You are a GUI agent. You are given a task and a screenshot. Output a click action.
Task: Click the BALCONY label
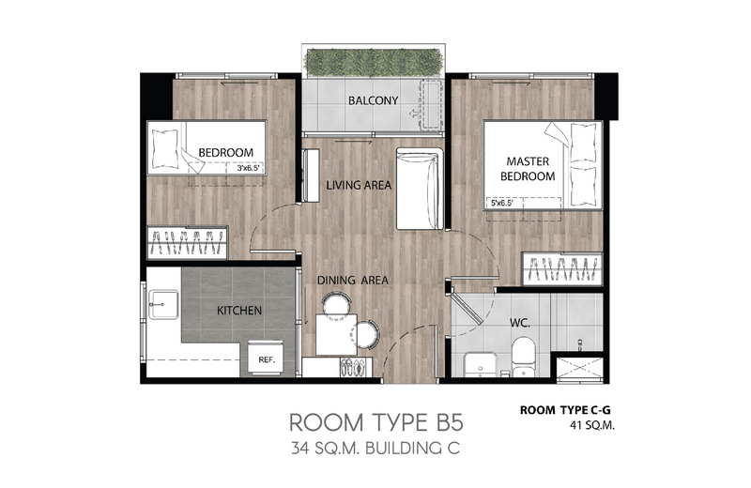[373, 100]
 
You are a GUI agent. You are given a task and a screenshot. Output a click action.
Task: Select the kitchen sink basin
[163, 304]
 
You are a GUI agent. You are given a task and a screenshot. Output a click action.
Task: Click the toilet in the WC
[523, 356]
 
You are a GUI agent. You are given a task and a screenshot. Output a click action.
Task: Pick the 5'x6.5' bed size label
[502, 203]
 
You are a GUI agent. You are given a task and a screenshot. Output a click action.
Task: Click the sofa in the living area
[420, 189]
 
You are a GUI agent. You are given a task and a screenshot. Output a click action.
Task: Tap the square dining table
[336, 334]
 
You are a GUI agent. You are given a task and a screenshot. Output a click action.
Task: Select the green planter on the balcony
[373, 62]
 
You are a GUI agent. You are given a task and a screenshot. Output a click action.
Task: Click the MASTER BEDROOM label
[528, 169]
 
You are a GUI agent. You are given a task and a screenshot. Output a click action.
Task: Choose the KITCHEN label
[239, 311]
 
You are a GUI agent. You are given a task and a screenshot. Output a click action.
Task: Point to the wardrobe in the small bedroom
[187, 243]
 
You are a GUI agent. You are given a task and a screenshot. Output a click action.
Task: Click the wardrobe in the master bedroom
[561, 268]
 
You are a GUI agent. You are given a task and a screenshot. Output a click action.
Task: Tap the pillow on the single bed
[164, 148]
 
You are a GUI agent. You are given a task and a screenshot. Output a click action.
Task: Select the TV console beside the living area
[311, 175]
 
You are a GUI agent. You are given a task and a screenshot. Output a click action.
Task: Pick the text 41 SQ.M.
[592, 425]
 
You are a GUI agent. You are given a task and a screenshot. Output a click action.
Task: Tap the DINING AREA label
[353, 281]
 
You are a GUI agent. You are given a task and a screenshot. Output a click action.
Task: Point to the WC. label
[520, 323]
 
